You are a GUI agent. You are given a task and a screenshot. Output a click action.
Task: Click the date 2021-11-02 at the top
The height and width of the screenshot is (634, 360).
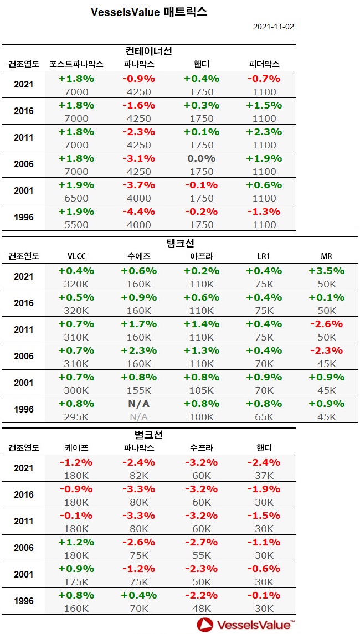click(x=274, y=26)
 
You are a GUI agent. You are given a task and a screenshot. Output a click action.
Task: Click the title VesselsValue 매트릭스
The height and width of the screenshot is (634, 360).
click(x=149, y=12)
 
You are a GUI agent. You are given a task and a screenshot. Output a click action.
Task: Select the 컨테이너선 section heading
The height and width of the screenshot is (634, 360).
click(x=149, y=51)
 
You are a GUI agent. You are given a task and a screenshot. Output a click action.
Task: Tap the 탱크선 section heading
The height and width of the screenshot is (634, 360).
click(x=180, y=243)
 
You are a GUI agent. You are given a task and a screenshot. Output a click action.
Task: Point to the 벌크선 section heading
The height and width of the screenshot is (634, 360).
click(x=149, y=435)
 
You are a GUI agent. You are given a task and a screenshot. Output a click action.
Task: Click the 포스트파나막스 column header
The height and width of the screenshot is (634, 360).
click(x=76, y=64)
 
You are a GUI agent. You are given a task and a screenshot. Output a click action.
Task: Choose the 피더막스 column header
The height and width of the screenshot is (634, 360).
click(x=263, y=64)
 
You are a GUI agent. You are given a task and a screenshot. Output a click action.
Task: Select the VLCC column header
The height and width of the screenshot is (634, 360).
click(x=76, y=256)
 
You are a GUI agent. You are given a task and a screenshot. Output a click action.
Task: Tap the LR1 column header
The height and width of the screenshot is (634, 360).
click(x=263, y=256)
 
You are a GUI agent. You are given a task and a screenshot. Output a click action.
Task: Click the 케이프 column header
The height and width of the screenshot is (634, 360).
click(x=76, y=447)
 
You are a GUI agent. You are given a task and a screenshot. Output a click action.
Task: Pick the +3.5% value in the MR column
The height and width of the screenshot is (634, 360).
click(x=326, y=271)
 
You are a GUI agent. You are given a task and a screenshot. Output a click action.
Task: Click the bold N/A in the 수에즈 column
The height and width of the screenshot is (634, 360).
click(x=138, y=404)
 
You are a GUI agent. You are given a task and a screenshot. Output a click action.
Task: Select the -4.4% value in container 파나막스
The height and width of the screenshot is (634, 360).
click(x=138, y=212)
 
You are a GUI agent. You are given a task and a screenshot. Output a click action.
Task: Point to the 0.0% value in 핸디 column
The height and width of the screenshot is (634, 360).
click(x=201, y=158)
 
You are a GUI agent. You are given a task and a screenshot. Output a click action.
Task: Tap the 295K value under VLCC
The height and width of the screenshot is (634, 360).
click(x=76, y=417)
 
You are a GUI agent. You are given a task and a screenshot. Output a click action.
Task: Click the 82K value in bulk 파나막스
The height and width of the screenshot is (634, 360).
click(x=138, y=476)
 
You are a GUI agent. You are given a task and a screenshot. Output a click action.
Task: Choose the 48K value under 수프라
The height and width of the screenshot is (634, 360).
click(x=201, y=609)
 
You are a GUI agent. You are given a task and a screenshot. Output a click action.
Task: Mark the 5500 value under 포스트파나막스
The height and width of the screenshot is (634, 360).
click(x=76, y=225)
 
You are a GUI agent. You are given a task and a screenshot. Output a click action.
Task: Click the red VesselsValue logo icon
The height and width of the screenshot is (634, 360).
click(x=204, y=625)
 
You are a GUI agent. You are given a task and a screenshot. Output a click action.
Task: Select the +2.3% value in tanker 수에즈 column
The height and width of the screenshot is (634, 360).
click(x=138, y=350)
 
